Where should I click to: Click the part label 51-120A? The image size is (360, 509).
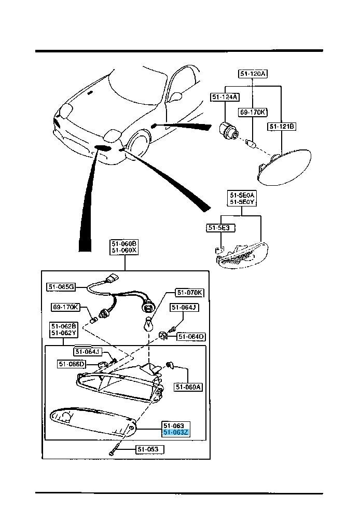(x=253, y=74)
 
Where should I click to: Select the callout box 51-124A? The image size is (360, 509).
(x=225, y=97)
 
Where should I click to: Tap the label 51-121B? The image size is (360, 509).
(x=282, y=126)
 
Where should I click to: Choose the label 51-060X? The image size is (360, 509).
(x=123, y=250)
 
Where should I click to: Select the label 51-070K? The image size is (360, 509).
(x=189, y=293)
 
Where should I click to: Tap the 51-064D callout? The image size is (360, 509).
(x=191, y=337)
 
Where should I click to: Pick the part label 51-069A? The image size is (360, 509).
(x=188, y=387)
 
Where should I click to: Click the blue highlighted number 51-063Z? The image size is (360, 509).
(x=177, y=432)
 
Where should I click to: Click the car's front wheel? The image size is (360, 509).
(x=138, y=147)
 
